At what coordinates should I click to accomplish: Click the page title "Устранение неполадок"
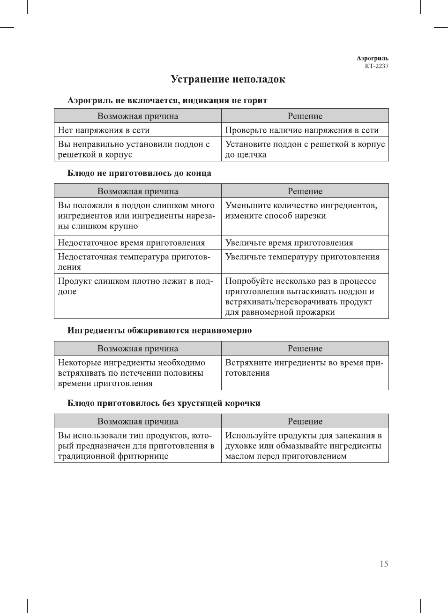point(228,79)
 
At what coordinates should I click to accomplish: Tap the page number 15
point(384,564)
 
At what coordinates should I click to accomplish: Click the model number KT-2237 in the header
point(377,66)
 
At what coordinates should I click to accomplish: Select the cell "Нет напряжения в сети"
point(104,130)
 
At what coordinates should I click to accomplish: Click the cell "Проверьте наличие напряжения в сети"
point(302,130)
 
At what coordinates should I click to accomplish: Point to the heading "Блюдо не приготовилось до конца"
point(139,173)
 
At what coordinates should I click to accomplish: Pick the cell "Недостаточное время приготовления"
point(131,242)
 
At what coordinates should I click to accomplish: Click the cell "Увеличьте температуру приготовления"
point(302,257)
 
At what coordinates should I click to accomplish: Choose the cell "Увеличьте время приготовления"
point(289,242)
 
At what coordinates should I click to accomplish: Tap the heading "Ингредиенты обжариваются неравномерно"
point(159,330)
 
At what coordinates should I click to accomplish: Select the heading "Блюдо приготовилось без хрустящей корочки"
point(164,403)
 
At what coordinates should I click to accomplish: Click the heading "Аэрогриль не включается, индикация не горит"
point(167,100)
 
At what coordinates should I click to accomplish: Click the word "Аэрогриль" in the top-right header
point(372,58)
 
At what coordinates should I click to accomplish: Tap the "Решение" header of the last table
point(305,421)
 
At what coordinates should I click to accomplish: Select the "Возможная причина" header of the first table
point(138,116)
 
